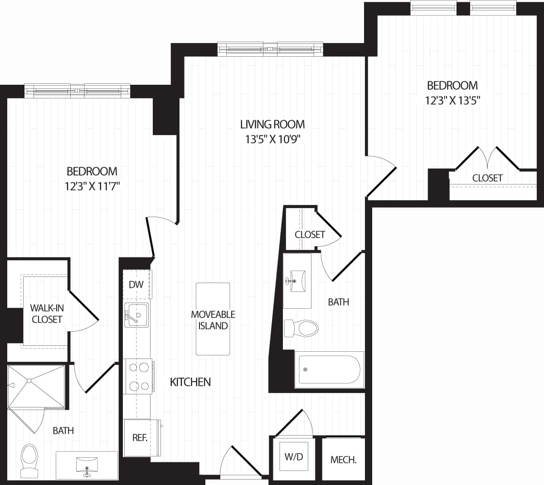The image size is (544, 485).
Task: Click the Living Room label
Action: (272, 124)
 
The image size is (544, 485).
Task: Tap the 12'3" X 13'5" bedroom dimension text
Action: (452, 100)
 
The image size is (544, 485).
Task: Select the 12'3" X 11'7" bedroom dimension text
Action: (92, 186)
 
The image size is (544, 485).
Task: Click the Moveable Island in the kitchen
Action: (213, 319)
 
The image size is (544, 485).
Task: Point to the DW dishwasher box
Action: (136, 285)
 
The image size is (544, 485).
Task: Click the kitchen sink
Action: (136, 315)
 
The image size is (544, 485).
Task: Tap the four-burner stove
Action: (138, 376)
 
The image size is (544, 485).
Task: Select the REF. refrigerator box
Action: (140, 438)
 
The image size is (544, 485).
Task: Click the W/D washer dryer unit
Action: (293, 457)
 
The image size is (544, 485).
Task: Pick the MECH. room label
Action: (343, 460)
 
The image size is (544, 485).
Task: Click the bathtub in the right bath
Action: (329, 369)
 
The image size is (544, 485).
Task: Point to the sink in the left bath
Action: (87, 466)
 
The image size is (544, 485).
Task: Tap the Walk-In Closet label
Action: (47, 313)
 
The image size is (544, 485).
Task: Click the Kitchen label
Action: (190, 382)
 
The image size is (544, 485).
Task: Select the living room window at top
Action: (270, 48)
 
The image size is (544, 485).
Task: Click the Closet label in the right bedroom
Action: (487, 178)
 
